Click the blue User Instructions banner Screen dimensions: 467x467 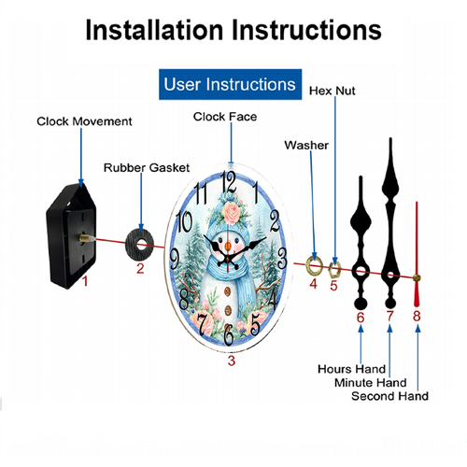(x=230, y=84)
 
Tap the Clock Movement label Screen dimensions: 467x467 (x=84, y=121)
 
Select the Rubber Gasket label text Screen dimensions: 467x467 (x=147, y=168)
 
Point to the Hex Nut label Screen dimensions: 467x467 (x=333, y=91)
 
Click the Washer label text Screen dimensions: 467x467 (x=306, y=146)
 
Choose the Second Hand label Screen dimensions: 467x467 (x=389, y=396)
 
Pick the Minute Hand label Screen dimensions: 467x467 (x=371, y=383)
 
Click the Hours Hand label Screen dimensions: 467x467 (x=351, y=369)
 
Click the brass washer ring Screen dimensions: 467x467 (x=308, y=263)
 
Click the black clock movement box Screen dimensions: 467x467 (x=71, y=236)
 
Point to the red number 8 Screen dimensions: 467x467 (x=417, y=316)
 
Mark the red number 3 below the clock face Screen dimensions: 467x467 (x=232, y=361)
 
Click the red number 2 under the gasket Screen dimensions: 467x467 (x=140, y=268)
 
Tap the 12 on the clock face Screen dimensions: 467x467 (x=228, y=182)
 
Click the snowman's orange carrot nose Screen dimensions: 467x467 (x=228, y=246)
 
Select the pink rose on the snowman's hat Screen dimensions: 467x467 (x=232, y=213)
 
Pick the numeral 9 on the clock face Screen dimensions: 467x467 (x=175, y=258)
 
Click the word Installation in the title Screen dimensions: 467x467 (x=154, y=30)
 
